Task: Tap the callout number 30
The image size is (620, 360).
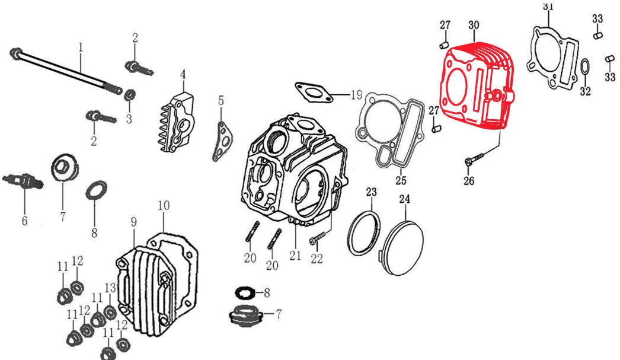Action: [474, 25]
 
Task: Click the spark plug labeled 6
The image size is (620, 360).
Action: [22, 181]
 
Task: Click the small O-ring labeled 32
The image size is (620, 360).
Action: [584, 69]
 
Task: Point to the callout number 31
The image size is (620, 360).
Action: [548, 6]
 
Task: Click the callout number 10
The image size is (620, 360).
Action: [164, 205]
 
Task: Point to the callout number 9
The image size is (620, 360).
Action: [134, 222]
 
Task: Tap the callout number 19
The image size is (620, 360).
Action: [356, 95]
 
